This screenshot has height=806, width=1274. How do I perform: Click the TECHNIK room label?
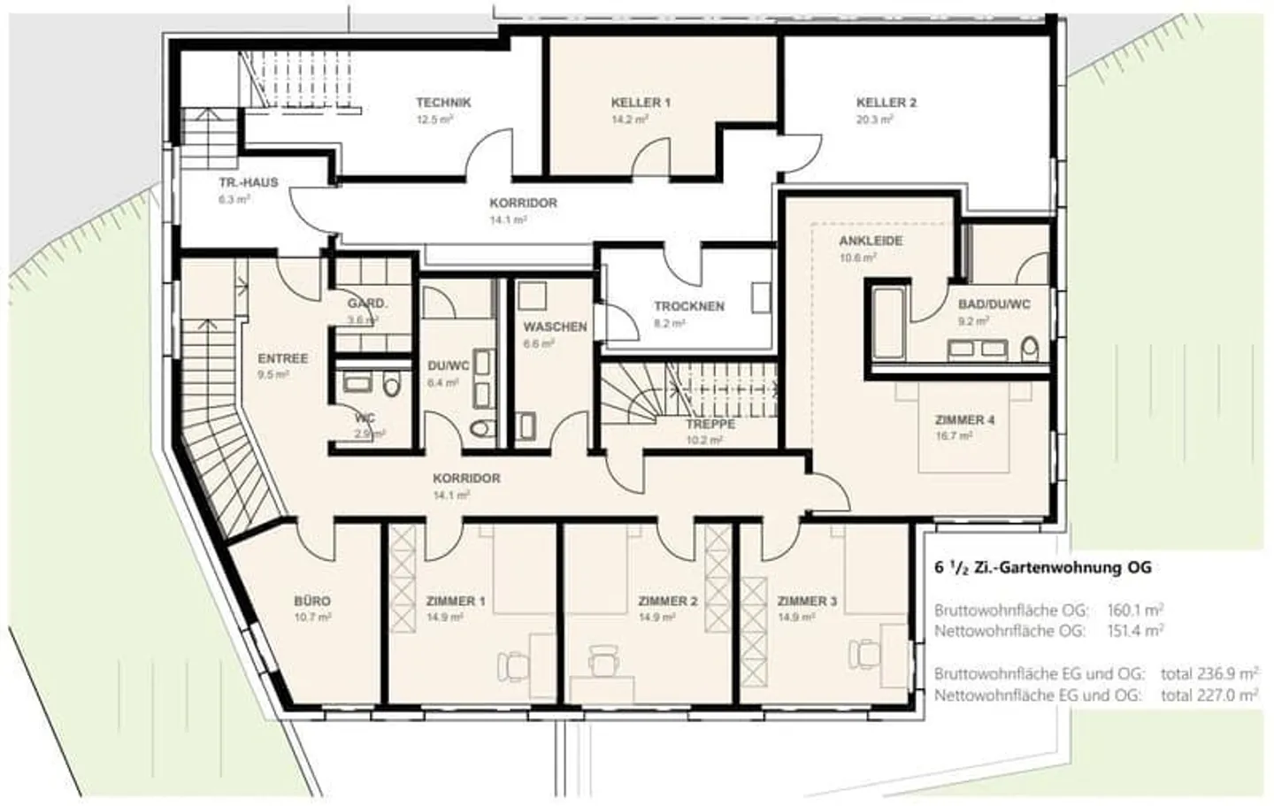coord(443,103)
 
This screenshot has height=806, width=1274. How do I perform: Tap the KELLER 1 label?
coord(641,103)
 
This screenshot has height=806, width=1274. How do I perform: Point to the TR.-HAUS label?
coord(249,182)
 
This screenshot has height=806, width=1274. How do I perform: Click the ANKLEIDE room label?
coord(871,241)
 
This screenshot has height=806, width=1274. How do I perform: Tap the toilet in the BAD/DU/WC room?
coord(1029,349)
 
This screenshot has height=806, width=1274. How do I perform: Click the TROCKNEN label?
coord(689,306)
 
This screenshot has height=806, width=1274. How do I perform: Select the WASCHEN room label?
coord(555,326)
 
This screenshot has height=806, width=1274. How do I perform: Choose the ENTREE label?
coord(283,358)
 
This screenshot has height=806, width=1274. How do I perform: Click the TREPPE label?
coord(710,424)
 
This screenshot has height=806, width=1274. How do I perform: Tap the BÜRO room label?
coord(312,601)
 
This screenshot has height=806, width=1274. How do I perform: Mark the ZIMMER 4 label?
coord(964,419)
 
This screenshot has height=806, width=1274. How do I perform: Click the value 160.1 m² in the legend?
coord(1135,610)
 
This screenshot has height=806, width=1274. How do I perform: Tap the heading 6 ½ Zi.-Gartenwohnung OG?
coord(1042,568)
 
